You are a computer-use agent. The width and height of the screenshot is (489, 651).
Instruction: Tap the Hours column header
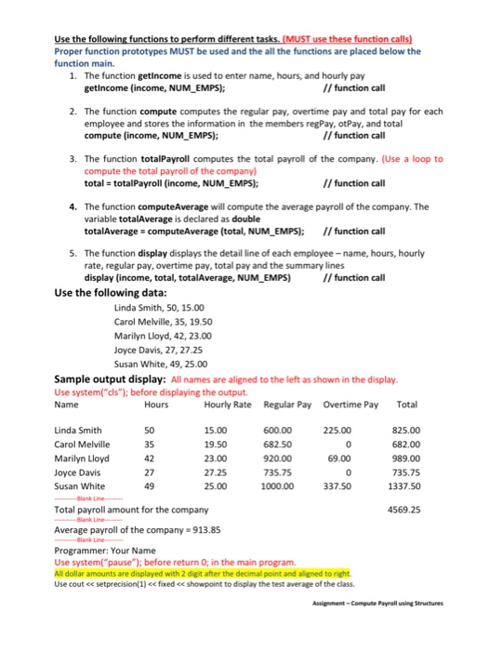click(156, 405)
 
